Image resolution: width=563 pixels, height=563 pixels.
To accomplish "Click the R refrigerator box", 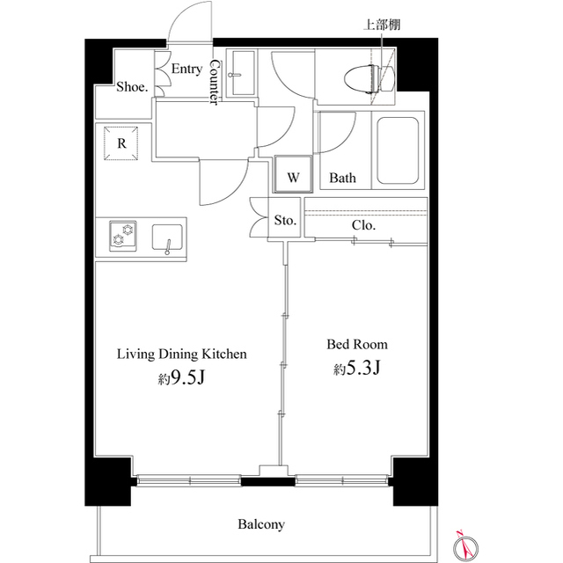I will point(121,143).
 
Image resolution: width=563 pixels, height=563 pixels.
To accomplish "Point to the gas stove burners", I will point(122,237).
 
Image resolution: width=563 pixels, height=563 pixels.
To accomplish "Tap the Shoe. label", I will point(132,86).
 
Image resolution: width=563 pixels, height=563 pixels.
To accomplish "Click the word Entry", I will point(186,69).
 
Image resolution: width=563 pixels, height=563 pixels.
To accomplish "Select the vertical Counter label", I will point(213,84).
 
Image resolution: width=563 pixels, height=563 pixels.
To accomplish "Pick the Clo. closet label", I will point(363,225).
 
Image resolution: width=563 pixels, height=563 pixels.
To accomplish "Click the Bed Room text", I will point(357,344).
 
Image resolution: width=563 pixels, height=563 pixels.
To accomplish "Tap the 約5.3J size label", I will point(356,369).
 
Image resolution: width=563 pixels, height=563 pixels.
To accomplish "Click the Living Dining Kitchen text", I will point(182,354).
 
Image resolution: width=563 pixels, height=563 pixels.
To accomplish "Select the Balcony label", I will point(260,524).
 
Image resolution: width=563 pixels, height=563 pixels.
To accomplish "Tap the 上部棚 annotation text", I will point(382,25).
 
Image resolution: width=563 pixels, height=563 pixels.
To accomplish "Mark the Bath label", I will point(342,179).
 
